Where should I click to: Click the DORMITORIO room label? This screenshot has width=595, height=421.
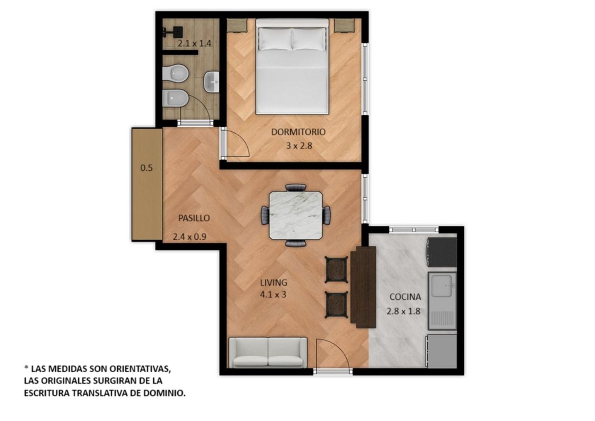298,132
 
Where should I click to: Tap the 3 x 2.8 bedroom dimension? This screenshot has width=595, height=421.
299,146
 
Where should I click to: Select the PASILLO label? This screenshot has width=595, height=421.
194,218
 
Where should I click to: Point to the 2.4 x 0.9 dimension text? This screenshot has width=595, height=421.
189,237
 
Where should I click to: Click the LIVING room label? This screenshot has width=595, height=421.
274,283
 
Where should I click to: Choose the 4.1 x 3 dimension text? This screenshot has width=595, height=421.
273,294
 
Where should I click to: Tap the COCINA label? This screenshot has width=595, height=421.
405,297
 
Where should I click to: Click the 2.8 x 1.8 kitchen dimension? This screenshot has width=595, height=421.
403,311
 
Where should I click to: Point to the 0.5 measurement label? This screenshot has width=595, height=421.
147,168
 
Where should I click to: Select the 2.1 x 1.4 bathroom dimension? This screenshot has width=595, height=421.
194,43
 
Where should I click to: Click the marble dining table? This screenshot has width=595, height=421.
296,215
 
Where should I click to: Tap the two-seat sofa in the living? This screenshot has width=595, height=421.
268,353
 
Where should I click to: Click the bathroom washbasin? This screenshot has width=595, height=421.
212,82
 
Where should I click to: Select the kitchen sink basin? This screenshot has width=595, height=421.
442,286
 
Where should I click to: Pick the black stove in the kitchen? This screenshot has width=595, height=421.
442,252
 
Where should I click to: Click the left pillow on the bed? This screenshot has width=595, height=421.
275,39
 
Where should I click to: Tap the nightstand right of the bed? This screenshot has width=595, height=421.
344,25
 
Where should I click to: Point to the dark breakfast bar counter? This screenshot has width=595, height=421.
364,287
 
